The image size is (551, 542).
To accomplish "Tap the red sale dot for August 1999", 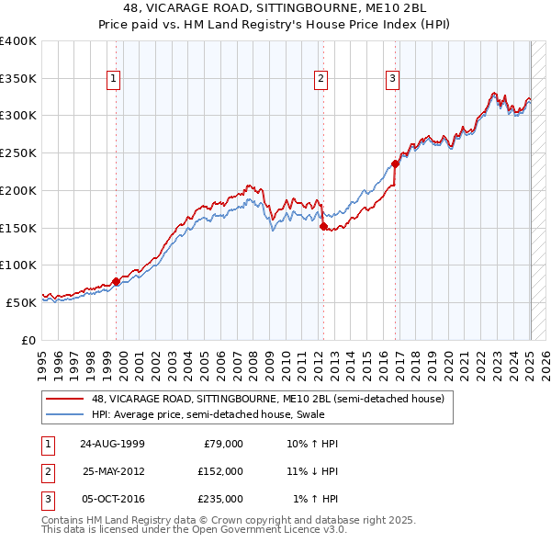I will pos(117,281).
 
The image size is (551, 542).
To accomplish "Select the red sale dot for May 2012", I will pos(323,226).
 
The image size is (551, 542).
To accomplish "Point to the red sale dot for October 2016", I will pos(395,164).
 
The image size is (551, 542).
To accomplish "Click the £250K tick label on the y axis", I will pos(17,152).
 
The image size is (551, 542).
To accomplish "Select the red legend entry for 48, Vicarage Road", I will pos(267,399).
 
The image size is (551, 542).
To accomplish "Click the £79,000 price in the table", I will pos(223,443).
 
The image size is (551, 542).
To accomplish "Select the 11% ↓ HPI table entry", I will pos(313,470).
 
